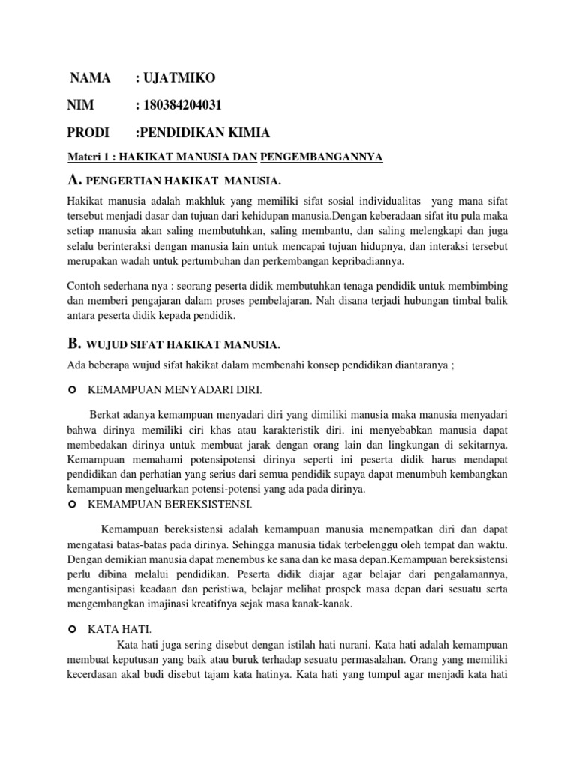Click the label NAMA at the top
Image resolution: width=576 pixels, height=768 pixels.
[x=90, y=78]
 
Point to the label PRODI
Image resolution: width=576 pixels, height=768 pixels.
[x=89, y=133]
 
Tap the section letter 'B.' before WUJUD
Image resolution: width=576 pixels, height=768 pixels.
[x=73, y=343]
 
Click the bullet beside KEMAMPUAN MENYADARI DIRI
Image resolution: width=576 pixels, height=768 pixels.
[x=72, y=391]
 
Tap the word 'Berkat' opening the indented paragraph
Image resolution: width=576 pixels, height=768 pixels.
[x=106, y=413]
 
